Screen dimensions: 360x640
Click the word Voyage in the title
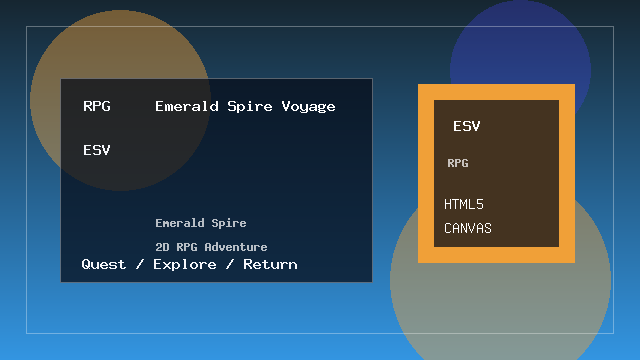308,107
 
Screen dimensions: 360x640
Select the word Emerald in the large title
186,107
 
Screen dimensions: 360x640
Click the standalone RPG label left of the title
97,107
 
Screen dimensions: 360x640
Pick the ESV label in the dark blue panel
97,151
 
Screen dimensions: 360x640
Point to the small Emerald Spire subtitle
200,223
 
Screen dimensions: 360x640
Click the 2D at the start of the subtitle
162,247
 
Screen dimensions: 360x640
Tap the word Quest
104,265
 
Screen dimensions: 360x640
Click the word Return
270,265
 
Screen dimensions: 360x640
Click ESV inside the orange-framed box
467,127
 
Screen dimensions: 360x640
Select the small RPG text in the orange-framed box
458,163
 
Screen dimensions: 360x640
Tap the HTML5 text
464,205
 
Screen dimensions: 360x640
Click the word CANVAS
468,229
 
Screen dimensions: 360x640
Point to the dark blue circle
520,45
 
